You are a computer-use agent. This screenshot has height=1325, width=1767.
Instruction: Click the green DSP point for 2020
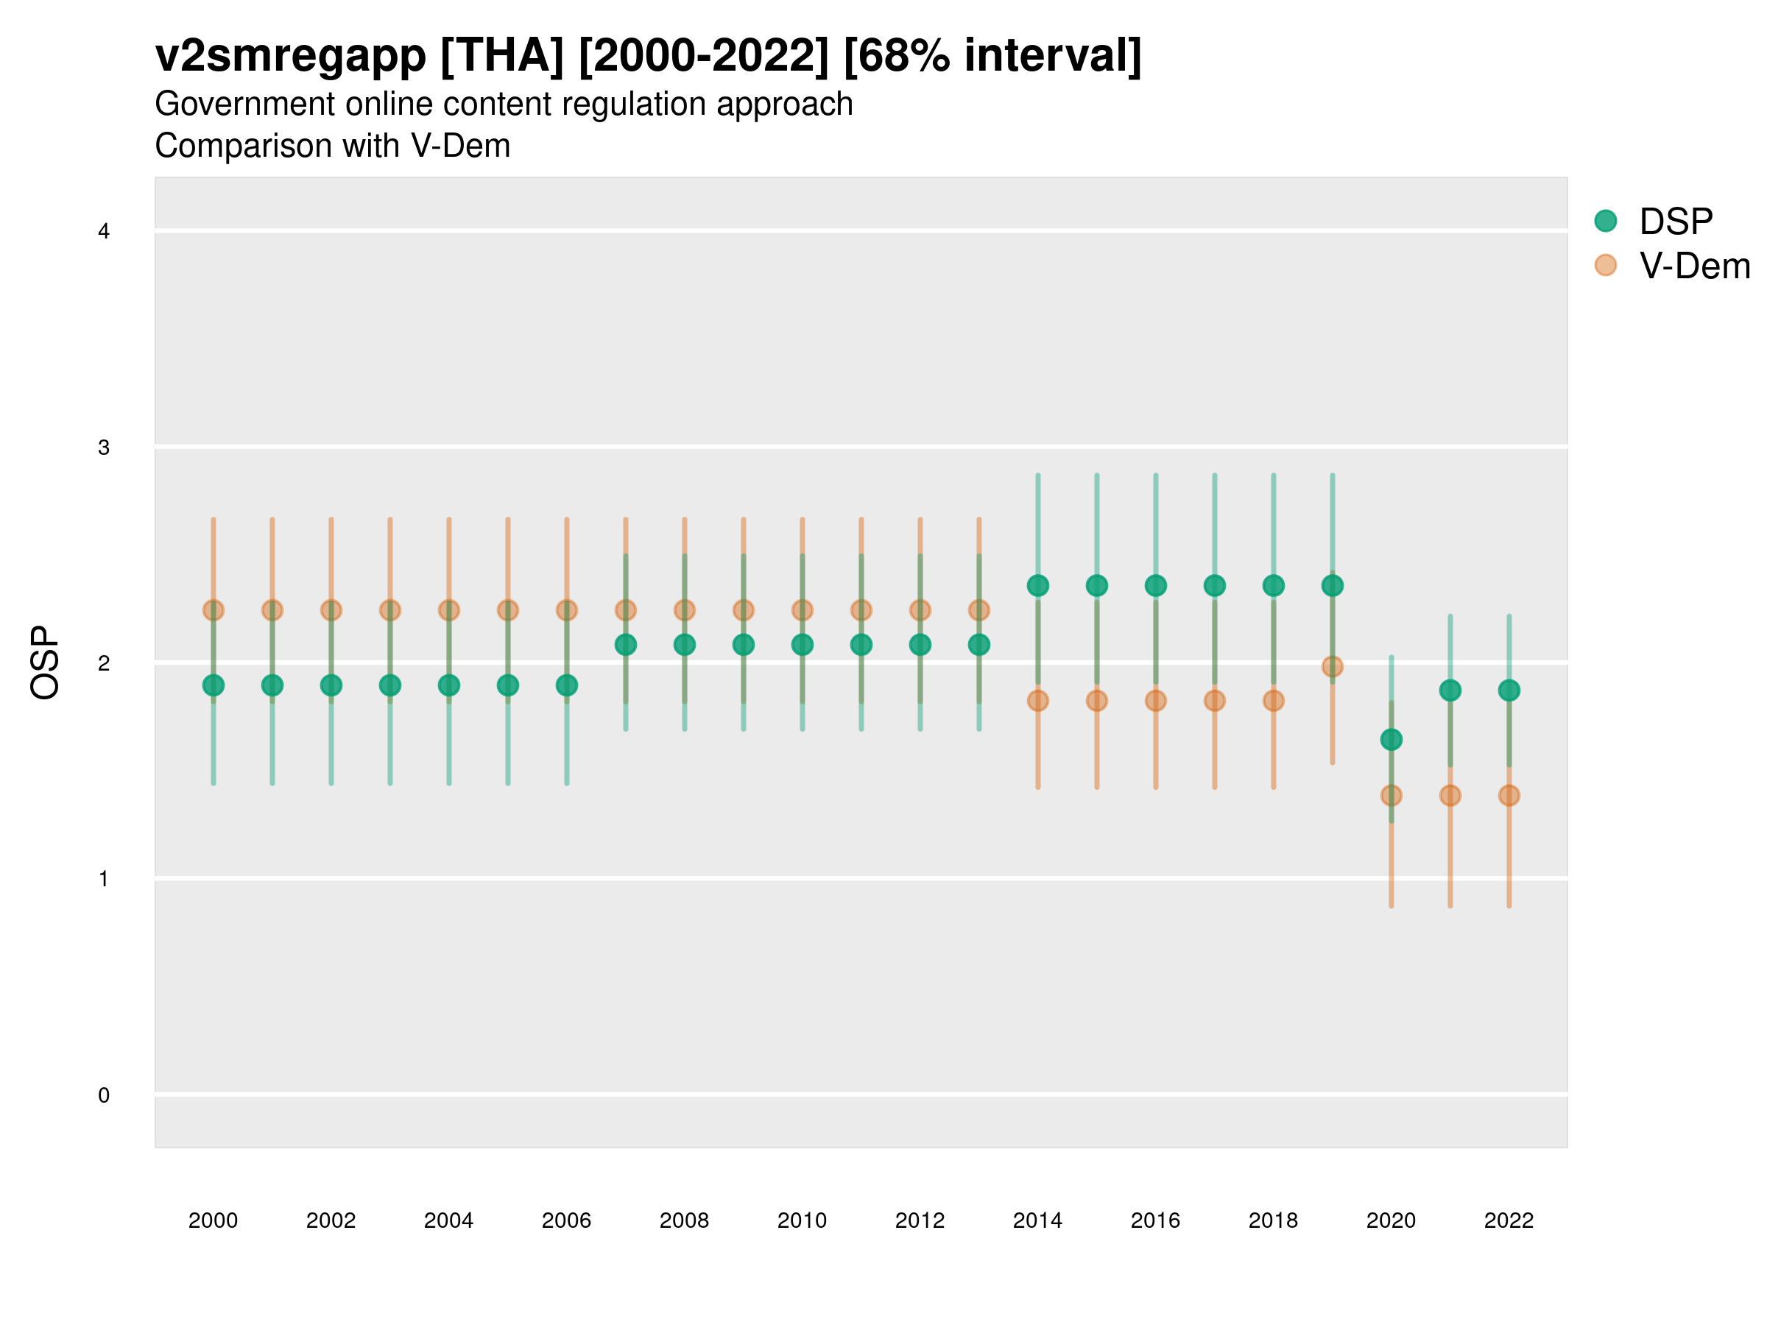tap(1391, 740)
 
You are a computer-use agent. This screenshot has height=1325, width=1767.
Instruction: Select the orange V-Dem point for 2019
tap(1333, 666)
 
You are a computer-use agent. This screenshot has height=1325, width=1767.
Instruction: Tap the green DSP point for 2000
tap(214, 685)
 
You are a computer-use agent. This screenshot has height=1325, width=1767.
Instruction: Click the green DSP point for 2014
tap(1037, 585)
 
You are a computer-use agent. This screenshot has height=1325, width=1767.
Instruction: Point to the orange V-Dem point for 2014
tap(1037, 701)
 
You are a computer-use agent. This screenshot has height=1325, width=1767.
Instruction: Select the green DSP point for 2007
tap(626, 645)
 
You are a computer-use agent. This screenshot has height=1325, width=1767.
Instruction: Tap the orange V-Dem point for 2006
tap(566, 610)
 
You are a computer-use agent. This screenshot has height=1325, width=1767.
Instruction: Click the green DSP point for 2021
tap(1450, 690)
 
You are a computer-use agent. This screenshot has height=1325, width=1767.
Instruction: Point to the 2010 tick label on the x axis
tap(802, 1220)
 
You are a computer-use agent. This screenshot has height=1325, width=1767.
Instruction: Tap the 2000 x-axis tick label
tap(214, 1220)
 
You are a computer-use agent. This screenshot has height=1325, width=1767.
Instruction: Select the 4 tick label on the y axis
tap(104, 232)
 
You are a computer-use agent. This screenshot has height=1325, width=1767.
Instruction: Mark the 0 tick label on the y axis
tap(104, 1095)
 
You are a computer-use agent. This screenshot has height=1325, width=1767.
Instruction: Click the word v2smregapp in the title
tap(291, 56)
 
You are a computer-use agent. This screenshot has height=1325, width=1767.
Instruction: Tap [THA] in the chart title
tap(502, 56)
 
